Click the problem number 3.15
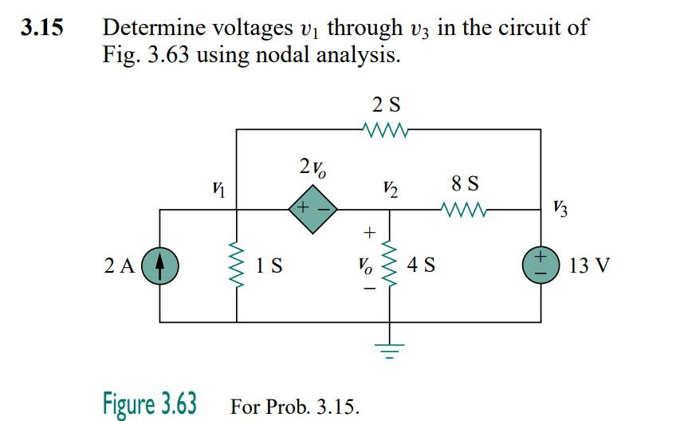click(41, 29)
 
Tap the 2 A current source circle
click(160, 265)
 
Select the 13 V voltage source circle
click(541, 265)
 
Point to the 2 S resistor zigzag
click(387, 128)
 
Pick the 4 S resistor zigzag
click(390, 264)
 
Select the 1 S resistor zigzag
click(237, 265)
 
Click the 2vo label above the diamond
click(313, 168)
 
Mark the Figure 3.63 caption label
click(150, 403)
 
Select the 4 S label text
click(421, 265)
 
